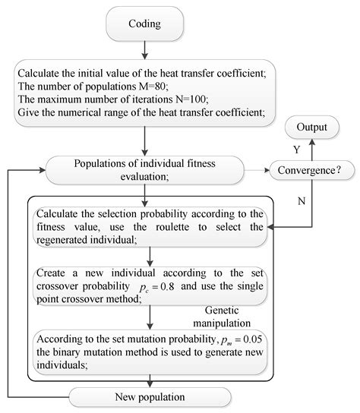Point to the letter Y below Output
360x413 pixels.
[x=296, y=150]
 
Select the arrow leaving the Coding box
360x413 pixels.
[x=144, y=49]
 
